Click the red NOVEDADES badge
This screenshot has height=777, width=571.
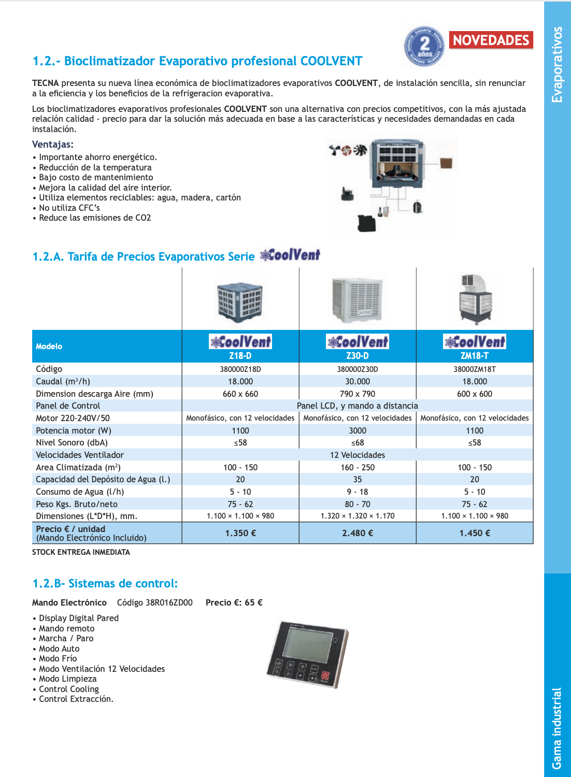click(491, 40)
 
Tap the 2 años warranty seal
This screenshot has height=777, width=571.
click(424, 46)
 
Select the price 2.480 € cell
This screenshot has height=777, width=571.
click(358, 533)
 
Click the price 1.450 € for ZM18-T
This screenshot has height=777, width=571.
click(475, 533)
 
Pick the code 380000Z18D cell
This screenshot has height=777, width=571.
click(240, 369)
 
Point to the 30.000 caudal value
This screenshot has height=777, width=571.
click(358, 381)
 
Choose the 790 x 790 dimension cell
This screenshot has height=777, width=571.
click(358, 394)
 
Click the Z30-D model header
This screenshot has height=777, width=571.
click(358, 356)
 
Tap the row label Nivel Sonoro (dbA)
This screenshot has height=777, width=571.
click(72, 442)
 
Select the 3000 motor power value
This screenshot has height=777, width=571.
click(358, 430)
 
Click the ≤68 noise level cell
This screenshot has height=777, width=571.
click(358, 442)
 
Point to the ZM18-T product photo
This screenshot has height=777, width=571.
click(475, 299)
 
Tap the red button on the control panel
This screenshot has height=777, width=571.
click(325, 676)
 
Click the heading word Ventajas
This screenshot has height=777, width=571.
click(53, 145)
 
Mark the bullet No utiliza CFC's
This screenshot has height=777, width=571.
click(69, 208)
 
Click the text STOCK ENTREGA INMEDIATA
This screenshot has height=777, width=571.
click(81, 552)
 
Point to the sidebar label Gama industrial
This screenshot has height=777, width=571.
click(556, 728)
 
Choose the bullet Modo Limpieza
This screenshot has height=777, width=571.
click(67, 679)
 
